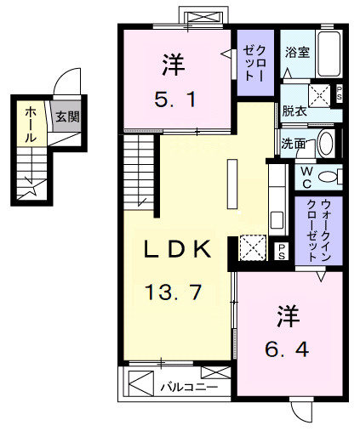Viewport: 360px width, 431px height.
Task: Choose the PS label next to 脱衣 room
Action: pyautogui.click(x=340, y=93)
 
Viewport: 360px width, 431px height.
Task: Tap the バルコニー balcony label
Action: pyautogui.click(x=189, y=388)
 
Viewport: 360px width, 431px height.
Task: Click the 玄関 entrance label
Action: pyautogui.click(x=66, y=117)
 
